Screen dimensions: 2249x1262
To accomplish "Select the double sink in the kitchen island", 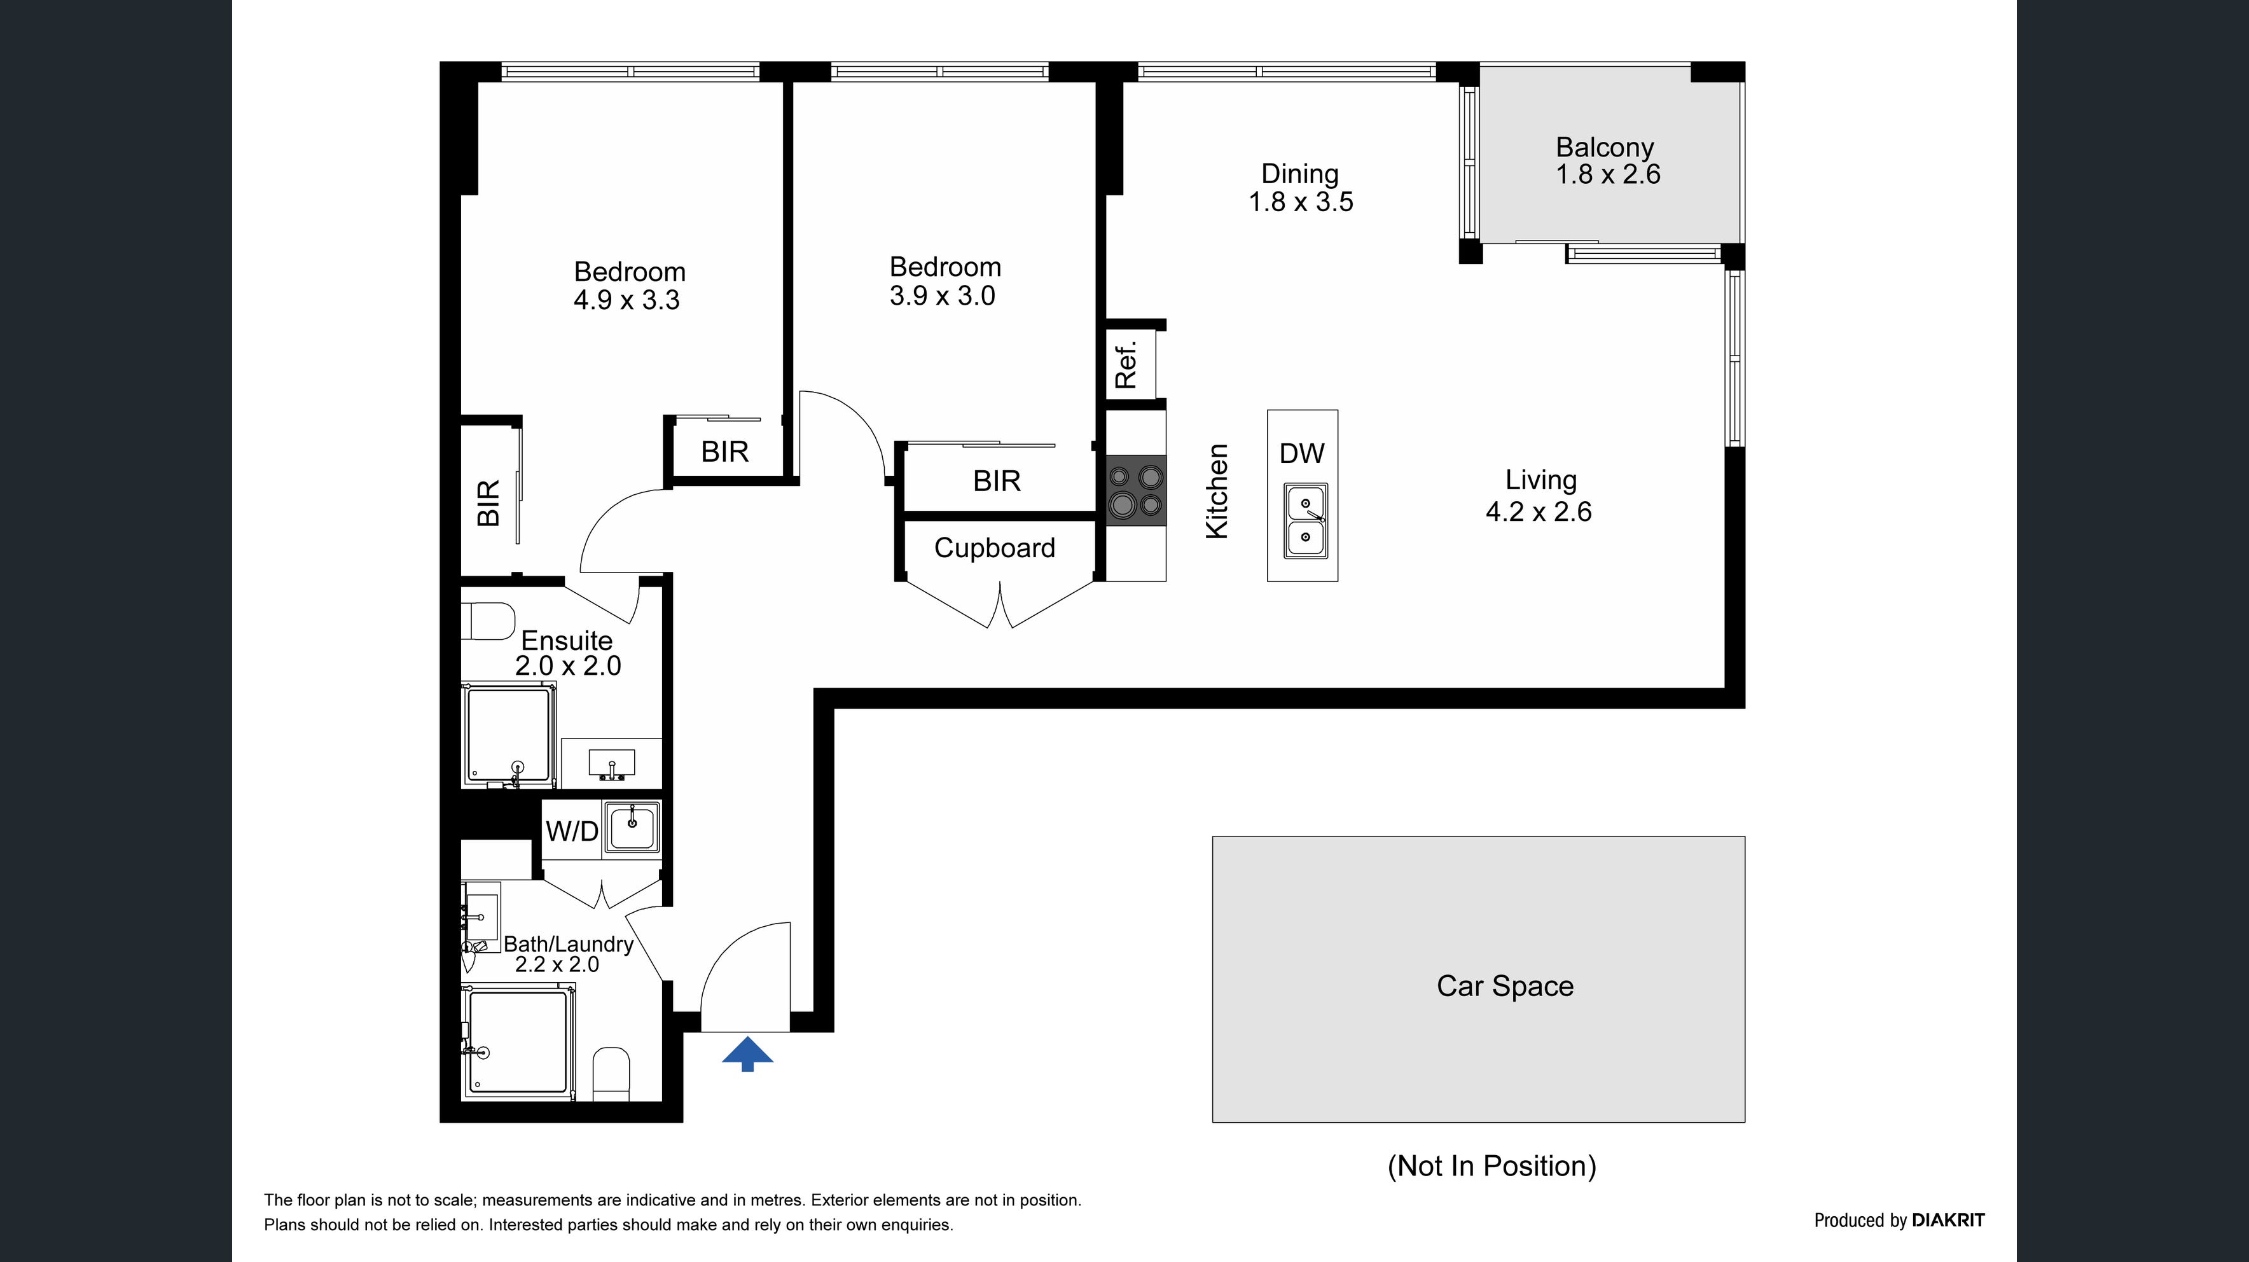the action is pyautogui.click(x=1305, y=522).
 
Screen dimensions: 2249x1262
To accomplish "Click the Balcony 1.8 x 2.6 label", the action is pyautogui.click(x=1607, y=161).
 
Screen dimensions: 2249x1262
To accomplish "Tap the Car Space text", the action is pyautogui.click(x=1505, y=986).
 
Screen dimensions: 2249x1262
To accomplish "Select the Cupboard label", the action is pyautogui.click(x=994, y=548).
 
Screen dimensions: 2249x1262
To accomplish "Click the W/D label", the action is pyautogui.click(x=572, y=831).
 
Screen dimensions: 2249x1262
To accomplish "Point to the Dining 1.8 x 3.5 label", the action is pyautogui.click(x=1301, y=188).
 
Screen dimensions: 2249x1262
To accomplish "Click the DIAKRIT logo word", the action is pyautogui.click(x=1948, y=1220).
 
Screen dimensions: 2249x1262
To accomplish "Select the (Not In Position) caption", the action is pyautogui.click(x=1492, y=1166).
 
